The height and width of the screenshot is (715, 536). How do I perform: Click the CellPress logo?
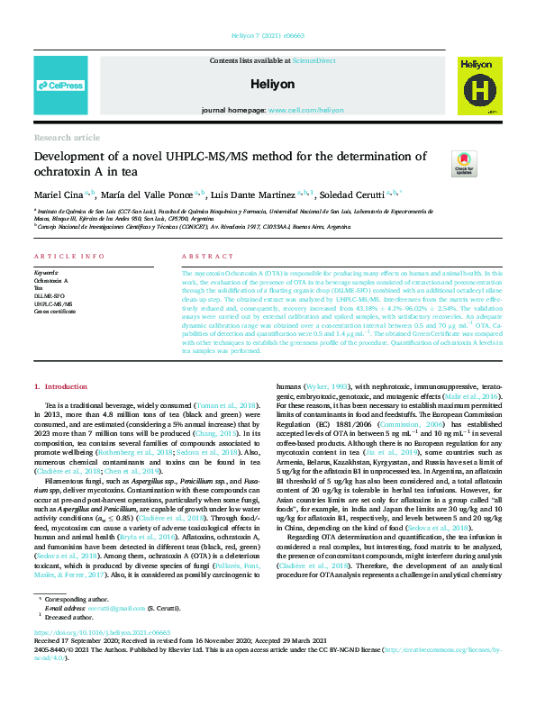coord(60,86)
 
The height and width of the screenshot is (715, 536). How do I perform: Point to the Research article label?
coord(67,137)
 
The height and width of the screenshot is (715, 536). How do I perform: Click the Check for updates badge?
coord(465,163)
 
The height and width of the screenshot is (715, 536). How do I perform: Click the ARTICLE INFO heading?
coord(68,257)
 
